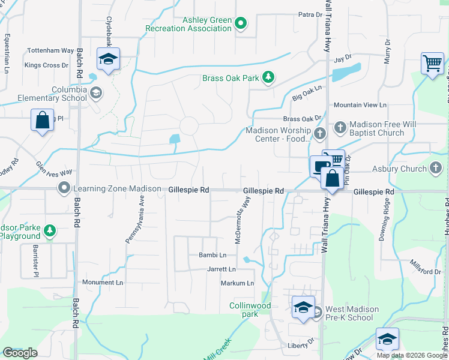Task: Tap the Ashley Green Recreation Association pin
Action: (241, 24)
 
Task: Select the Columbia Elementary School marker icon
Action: (96, 93)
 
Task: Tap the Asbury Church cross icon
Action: (436, 169)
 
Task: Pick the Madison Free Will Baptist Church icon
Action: (340, 127)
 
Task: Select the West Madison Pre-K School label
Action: (352, 313)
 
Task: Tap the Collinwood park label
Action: (250, 310)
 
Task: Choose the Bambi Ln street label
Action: (212, 255)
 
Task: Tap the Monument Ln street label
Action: (102, 282)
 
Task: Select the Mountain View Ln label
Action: (360, 105)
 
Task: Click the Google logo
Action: (20, 353)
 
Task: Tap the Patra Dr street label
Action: (310, 14)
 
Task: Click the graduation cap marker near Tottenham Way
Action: (108, 59)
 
